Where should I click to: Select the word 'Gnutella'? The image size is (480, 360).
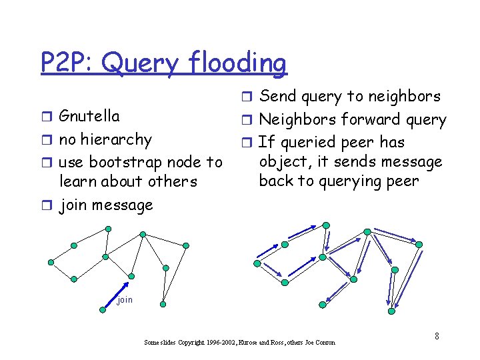click(89, 116)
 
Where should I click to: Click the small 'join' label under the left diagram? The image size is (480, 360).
click(125, 300)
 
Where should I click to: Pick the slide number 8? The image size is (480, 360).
click(437, 335)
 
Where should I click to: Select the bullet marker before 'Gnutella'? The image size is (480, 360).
click(47, 117)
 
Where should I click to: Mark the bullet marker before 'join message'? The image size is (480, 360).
click(47, 205)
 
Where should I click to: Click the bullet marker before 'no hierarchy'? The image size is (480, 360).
click(47, 140)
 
